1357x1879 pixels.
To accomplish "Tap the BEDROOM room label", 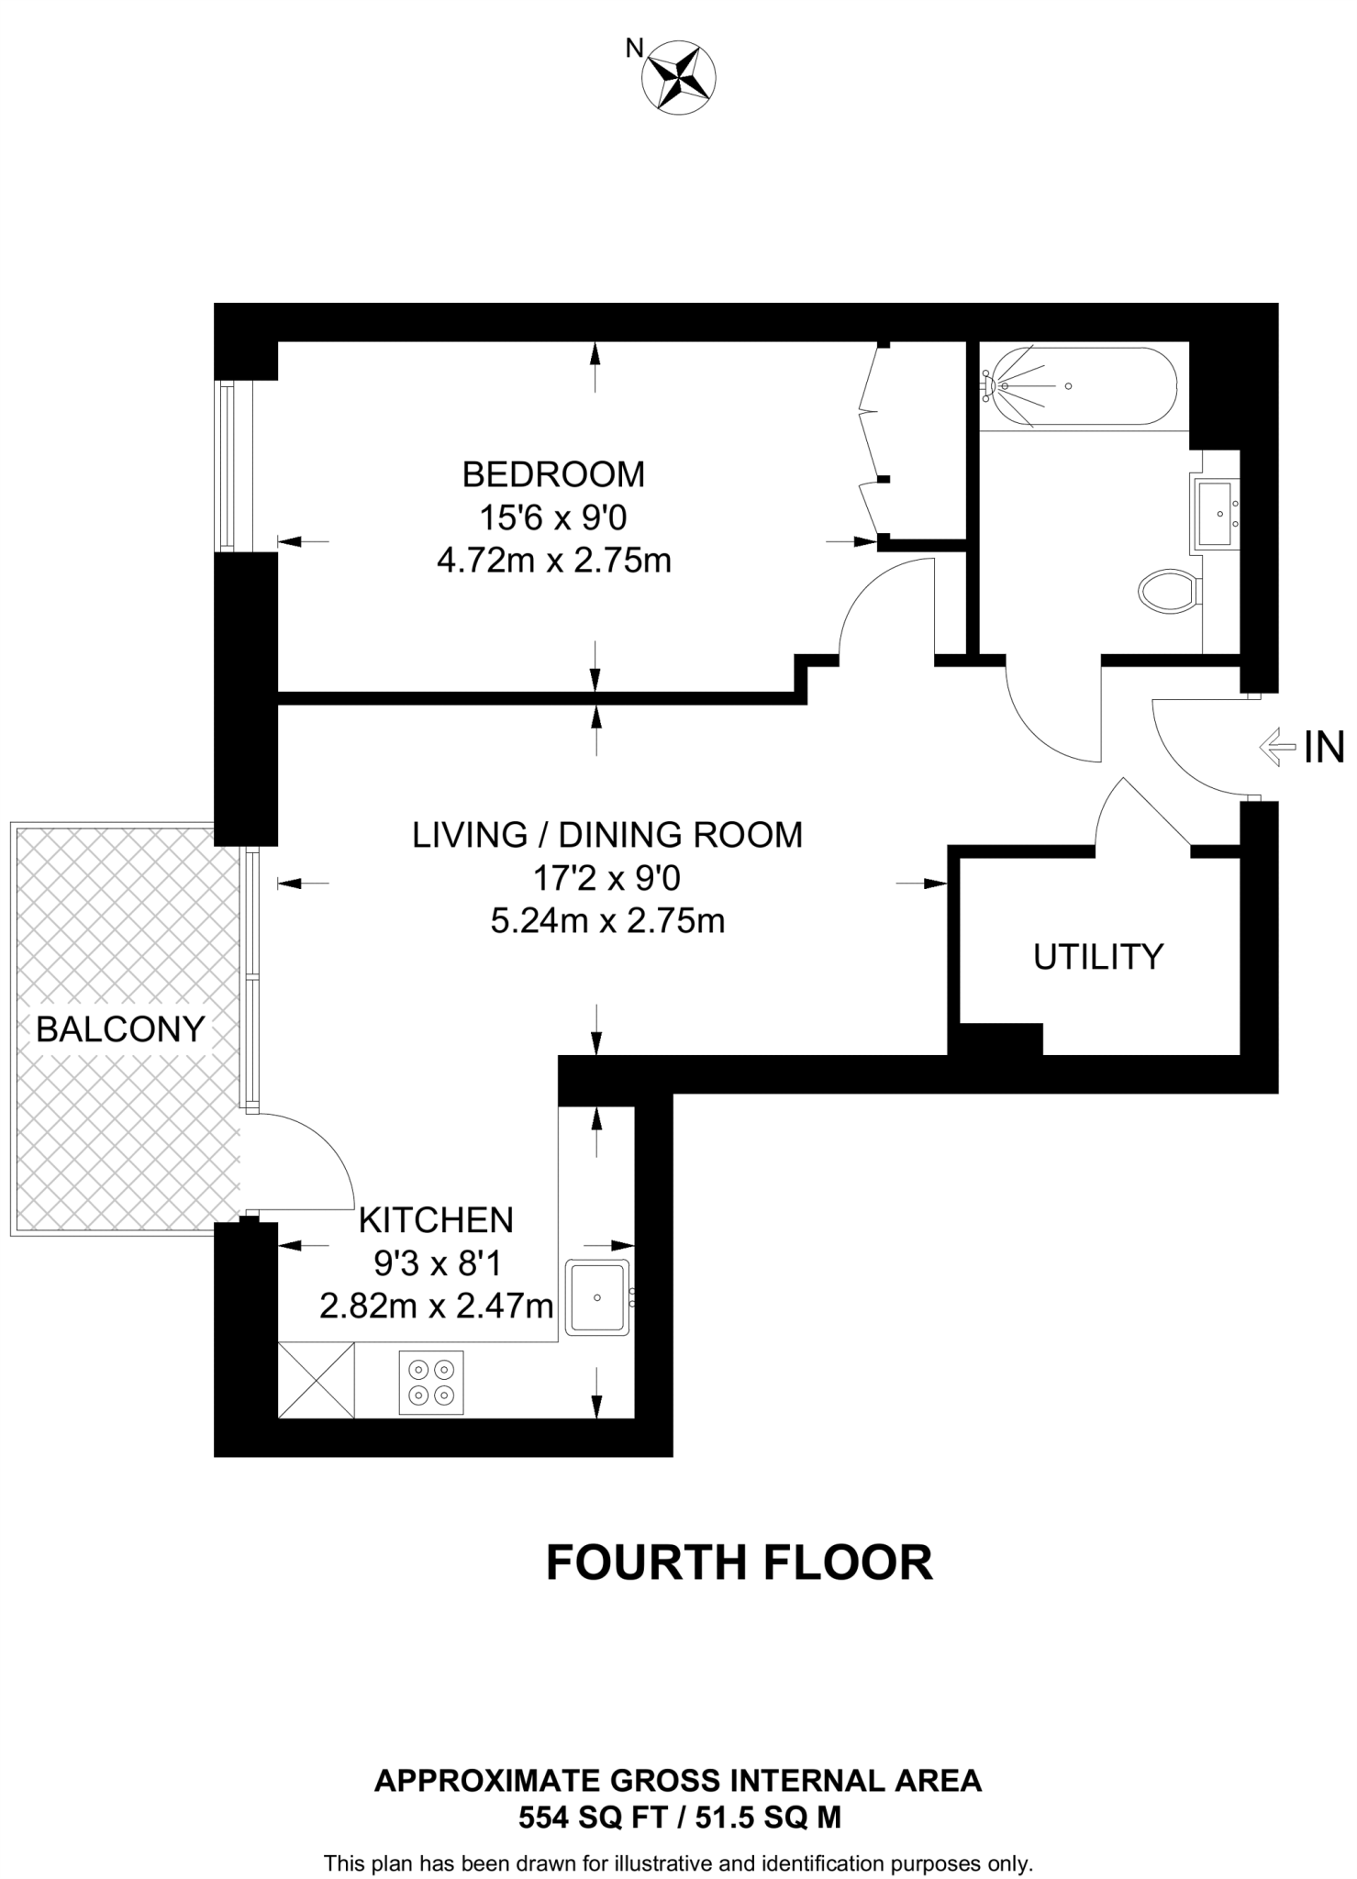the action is point(553,474).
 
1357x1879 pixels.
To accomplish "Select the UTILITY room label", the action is point(1098,957).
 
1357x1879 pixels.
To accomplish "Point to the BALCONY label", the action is point(120,1029).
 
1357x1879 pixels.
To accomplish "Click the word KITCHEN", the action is point(436,1220).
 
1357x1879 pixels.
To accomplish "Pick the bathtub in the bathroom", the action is point(1079,386).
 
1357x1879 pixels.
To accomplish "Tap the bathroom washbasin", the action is point(1217,514).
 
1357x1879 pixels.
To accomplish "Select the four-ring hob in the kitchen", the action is point(431,1383).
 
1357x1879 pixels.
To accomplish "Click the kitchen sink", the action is point(598,1297).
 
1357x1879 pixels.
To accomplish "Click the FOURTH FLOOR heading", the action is point(740,1563).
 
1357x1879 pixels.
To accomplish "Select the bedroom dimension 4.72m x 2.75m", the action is point(554,561).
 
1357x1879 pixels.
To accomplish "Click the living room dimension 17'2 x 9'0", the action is point(607,879).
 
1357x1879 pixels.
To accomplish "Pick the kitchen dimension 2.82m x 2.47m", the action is point(437,1306).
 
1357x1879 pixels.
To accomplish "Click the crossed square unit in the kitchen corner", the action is point(316,1381).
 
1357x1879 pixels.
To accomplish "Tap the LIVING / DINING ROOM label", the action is point(607,835).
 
